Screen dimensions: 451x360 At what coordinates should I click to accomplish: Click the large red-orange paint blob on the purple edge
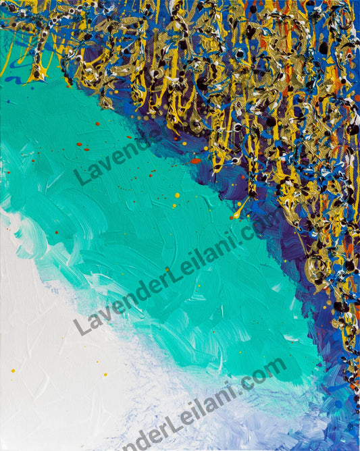pos(195,161)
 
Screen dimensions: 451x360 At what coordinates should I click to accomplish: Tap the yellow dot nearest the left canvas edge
pos(12,370)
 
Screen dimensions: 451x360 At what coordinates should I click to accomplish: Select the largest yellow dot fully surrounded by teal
pos(177,196)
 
